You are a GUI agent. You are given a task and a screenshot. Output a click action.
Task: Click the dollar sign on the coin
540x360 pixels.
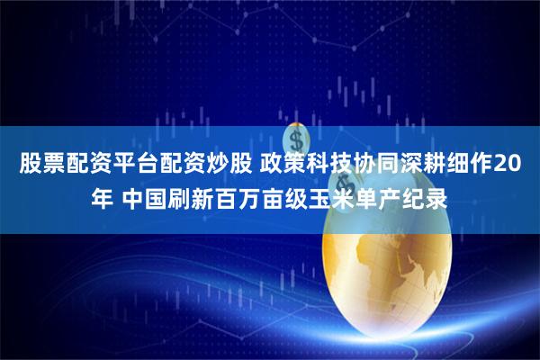[x=297, y=139]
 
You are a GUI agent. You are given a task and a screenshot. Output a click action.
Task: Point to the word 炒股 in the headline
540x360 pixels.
[x=229, y=166]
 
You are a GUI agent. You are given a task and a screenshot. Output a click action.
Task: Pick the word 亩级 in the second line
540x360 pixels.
[x=290, y=196]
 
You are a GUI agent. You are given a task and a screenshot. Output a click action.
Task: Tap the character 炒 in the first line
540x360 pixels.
[x=218, y=166]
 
